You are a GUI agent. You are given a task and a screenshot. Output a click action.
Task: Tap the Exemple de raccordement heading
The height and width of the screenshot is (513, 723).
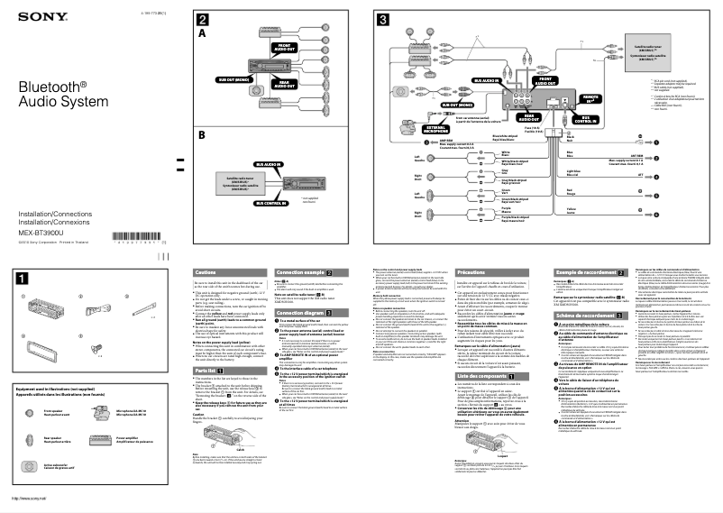[588, 271]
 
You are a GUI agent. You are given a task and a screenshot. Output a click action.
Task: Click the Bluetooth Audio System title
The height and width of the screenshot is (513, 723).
[53, 93]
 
